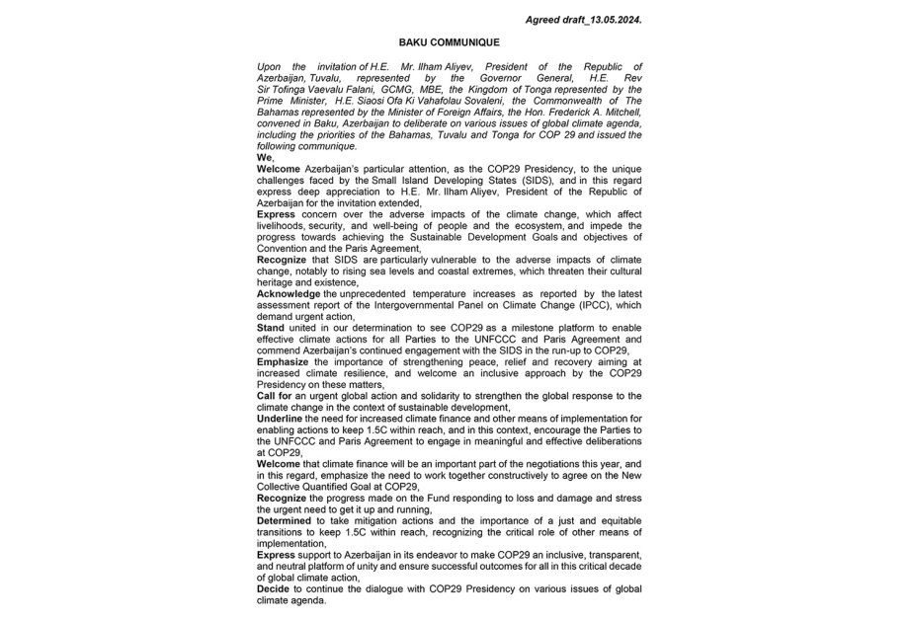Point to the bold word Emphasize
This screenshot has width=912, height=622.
(287, 362)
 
